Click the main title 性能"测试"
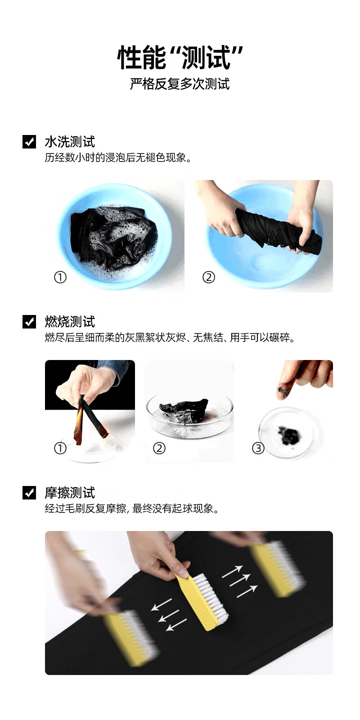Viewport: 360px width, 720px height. pos(180,57)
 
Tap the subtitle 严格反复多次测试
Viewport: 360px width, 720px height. pos(180,84)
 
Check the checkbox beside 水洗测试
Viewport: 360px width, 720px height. pos(29,141)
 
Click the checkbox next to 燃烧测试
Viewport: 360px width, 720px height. pos(29,321)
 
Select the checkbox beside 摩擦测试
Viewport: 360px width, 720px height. pos(29,492)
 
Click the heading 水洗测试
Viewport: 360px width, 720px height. pos(70,141)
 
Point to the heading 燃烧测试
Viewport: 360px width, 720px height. pos(70,321)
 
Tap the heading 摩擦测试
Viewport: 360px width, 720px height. pos(70,492)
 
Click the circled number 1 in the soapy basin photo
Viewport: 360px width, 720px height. pos(60,277)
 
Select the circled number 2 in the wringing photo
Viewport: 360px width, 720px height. pos(209,277)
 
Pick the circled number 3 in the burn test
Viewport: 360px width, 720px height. pos(258,448)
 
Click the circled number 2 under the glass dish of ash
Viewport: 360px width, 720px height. pos(159,448)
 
